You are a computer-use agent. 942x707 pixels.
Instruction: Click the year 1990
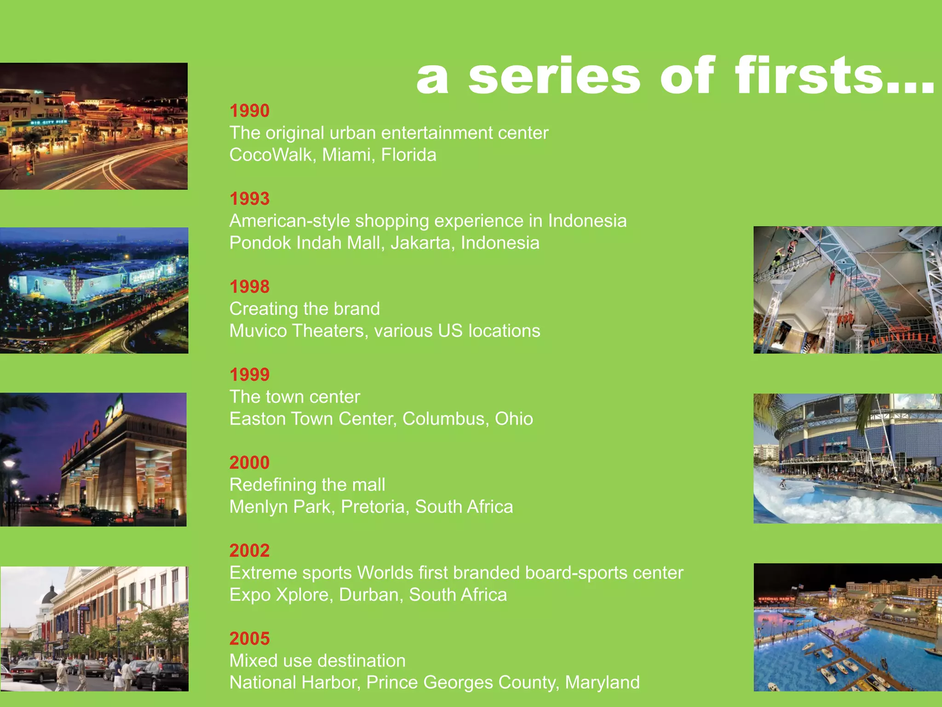pos(249,111)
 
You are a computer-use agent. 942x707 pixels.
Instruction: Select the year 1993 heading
pos(249,199)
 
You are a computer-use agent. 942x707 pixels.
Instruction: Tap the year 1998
pos(249,287)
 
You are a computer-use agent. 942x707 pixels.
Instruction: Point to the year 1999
pos(249,375)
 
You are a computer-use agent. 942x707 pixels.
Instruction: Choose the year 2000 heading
pos(249,463)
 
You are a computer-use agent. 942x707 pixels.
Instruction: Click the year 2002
pos(249,551)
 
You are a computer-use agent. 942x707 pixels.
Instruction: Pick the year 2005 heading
pos(249,638)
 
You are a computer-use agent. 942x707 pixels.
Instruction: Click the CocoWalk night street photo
pos(94,126)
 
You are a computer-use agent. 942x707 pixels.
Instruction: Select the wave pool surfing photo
pos(847,458)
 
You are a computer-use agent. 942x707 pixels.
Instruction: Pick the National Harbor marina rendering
pos(847,627)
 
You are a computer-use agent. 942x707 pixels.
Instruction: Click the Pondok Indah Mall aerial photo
pos(94,290)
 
